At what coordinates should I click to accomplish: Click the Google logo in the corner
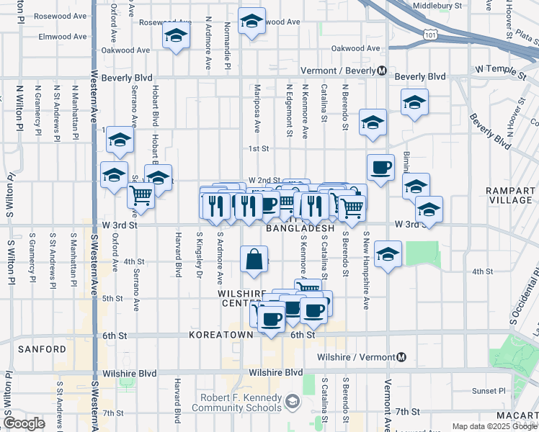[x=24, y=423]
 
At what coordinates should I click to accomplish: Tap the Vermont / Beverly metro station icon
[x=383, y=71]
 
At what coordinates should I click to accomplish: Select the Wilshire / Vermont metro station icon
[x=402, y=357]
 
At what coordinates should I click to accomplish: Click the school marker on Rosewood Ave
[x=251, y=22]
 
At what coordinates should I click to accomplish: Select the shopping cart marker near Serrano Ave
[x=141, y=196]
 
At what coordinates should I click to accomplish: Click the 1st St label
[x=258, y=149]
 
